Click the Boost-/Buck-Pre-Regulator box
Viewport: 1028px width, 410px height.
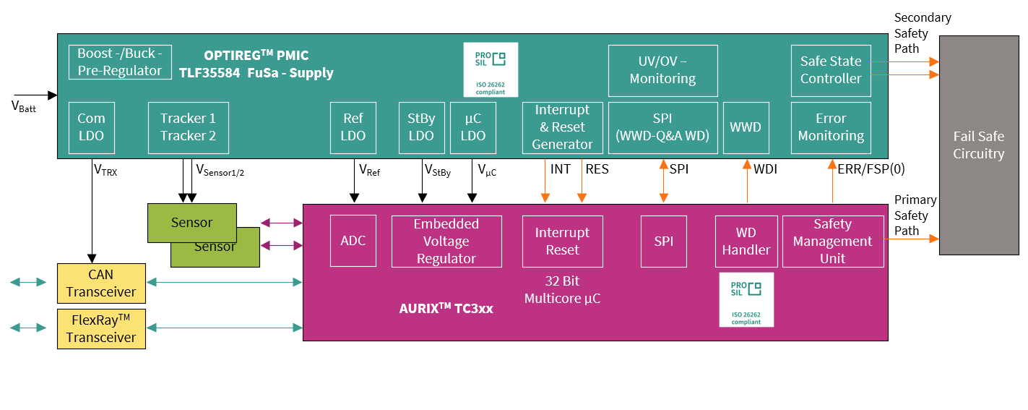coord(120,62)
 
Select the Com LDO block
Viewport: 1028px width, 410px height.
coord(91,127)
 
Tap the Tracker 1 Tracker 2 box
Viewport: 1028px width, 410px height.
coord(188,127)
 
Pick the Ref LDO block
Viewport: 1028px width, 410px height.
coord(353,127)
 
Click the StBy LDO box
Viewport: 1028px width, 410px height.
coord(421,127)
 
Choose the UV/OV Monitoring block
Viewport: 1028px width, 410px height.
coord(662,70)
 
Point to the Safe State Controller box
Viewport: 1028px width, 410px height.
coord(831,70)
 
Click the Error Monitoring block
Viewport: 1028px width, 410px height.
coord(831,127)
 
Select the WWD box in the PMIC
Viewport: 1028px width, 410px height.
coord(746,127)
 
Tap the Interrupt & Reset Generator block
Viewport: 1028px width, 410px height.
coord(562,127)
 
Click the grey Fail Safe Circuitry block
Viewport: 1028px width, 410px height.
coord(978,145)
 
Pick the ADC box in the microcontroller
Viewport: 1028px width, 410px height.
coord(353,241)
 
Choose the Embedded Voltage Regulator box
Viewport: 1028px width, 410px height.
coord(446,241)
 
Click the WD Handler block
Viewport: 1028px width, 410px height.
coord(746,241)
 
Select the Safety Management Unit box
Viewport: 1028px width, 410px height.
coord(832,241)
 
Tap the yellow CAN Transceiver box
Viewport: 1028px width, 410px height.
coord(101,283)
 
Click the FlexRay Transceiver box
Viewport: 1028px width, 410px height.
coord(101,328)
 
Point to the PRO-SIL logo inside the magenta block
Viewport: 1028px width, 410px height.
coord(746,299)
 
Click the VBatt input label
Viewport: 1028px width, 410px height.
coord(24,106)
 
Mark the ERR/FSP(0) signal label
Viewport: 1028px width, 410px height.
coord(871,170)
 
